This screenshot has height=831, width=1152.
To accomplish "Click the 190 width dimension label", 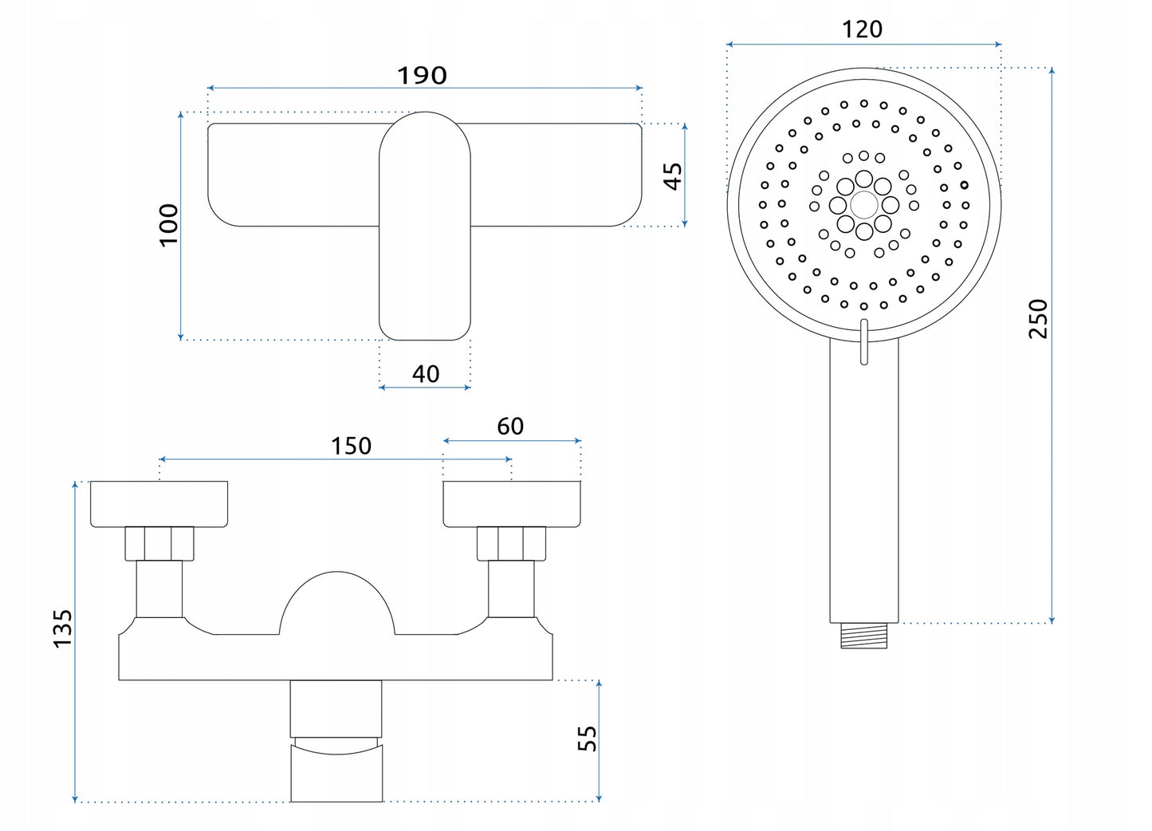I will coord(422,75).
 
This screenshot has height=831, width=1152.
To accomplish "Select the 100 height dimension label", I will coord(169,225).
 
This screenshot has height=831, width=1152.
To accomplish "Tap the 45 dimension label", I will coord(673,175).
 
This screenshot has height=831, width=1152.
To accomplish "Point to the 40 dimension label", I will coord(426,373).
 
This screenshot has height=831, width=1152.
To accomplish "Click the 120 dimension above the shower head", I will coord(862,30).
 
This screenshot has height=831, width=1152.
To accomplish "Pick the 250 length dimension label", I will coord(1037,318).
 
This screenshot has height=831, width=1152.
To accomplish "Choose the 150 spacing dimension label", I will coord(351,446).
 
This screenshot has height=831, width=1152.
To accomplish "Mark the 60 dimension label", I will coord(510,427).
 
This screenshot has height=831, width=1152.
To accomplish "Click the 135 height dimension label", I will coord(62,628).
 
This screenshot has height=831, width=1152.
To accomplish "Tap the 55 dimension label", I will coord(587,738).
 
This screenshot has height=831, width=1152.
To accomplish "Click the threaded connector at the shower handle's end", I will coord(864,636).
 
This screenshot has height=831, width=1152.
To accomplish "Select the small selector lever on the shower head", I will coord(864,342).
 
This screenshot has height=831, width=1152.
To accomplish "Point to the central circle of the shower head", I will coord(864,205).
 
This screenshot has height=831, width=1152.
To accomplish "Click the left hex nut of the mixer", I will coord(159,543).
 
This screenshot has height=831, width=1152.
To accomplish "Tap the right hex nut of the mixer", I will coord(511,543).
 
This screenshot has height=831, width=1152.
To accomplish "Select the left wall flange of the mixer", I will coord(159,504).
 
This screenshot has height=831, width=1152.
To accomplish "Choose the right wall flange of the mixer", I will coord(512,504).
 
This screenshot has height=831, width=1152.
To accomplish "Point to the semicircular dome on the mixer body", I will coord(337,606).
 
